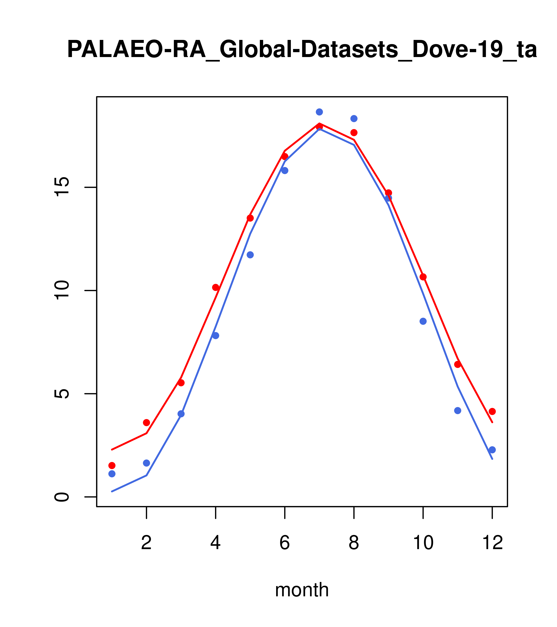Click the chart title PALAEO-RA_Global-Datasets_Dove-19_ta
(302, 50)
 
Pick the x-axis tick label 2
(147, 543)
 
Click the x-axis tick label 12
(492, 543)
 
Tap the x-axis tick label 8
(354, 543)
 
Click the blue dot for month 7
(319, 112)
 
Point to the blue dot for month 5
(250, 255)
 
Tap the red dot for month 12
(492, 411)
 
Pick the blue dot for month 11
(458, 410)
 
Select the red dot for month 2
(147, 422)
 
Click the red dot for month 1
(112, 465)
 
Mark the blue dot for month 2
(147, 463)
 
